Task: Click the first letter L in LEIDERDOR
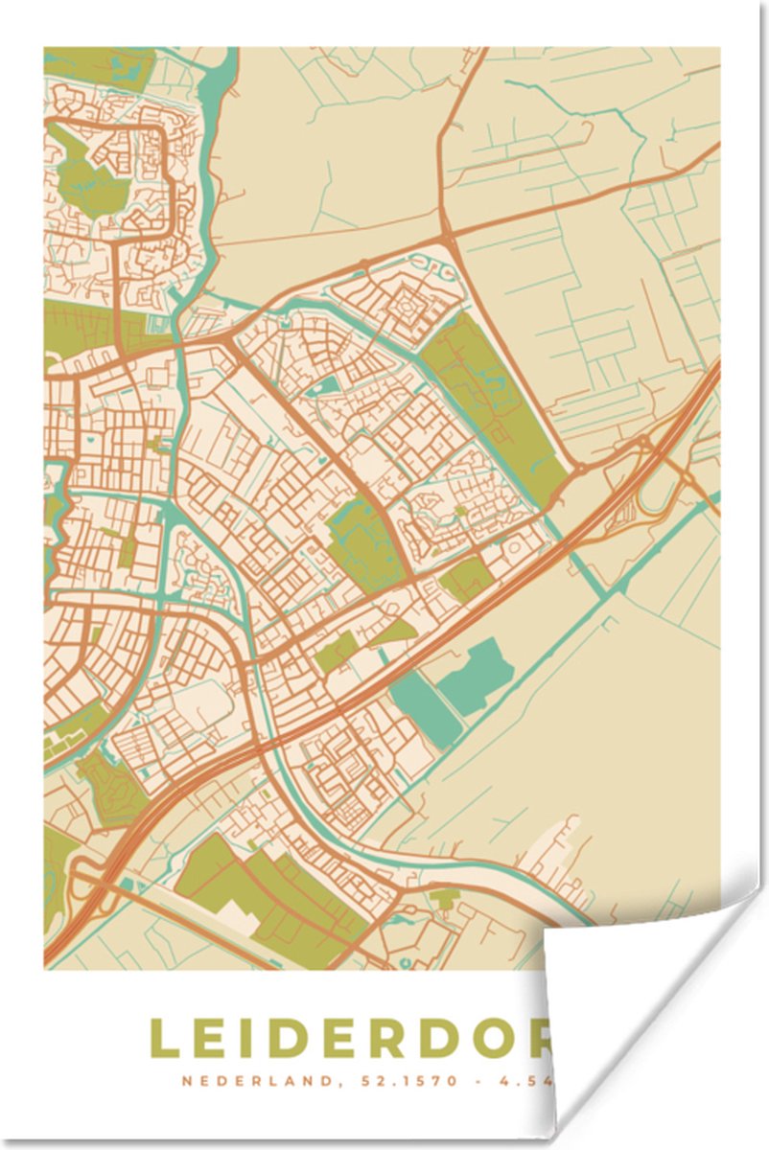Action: [x=164, y=1038]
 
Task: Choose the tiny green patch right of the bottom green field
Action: [x=444, y=899]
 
